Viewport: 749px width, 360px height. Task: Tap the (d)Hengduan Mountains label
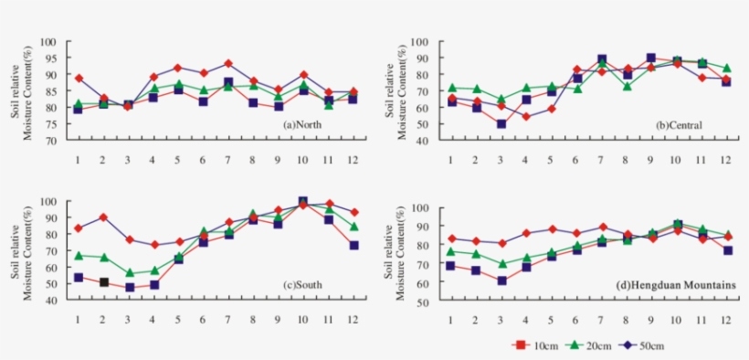coord(677,286)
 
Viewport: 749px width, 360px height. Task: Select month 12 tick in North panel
coord(352,158)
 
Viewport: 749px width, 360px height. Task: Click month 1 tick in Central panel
coord(450,158)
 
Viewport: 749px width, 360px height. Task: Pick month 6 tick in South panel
coord(203,318)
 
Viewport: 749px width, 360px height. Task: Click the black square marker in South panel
coord(104,282)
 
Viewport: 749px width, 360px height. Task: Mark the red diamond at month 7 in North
coord(228,64)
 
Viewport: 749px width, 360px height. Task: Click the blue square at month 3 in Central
coord(501,123)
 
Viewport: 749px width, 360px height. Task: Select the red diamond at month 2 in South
coord(104,217)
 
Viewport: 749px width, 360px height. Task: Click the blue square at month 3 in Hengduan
coord(501,281)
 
